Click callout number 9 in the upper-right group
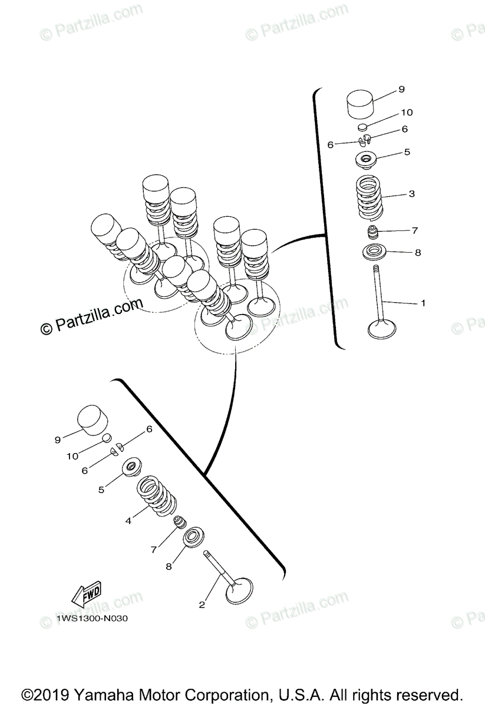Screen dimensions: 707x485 click(401, 90)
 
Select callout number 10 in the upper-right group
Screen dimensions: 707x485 click(407, 112)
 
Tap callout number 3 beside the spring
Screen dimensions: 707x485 click(411, 193)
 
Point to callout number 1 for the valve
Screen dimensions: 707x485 click(423, 303)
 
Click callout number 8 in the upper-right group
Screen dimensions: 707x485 click(417, 253)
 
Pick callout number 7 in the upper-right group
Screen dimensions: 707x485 click(414, 230)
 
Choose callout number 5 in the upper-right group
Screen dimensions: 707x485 click(406, 152)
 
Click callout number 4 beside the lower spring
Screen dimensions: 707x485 click(128, 520)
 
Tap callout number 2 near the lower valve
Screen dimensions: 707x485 click(202, 604)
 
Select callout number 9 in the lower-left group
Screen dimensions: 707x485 click(58, 439)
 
